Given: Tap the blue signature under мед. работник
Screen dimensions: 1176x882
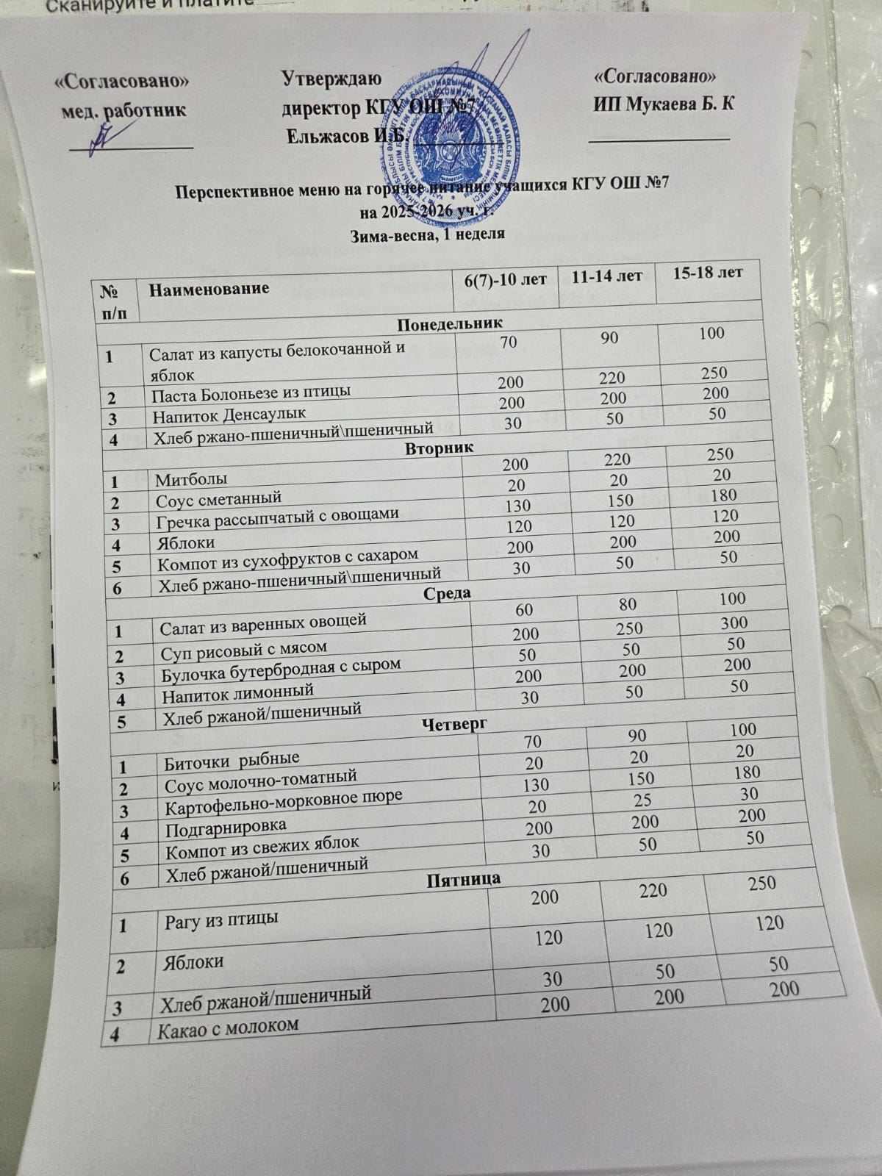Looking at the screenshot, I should coord(103,136).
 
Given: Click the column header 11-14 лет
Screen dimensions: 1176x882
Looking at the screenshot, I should coord(606,276).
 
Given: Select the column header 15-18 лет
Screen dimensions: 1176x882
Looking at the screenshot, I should coord(707,273).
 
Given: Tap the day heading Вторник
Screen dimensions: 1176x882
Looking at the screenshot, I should coord(440,448).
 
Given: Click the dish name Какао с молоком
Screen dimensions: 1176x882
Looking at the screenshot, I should coord(228,1025).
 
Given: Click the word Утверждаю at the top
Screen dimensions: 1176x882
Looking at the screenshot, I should coord(331,77).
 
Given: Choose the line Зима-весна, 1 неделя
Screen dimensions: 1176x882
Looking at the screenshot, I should coord(428,234).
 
